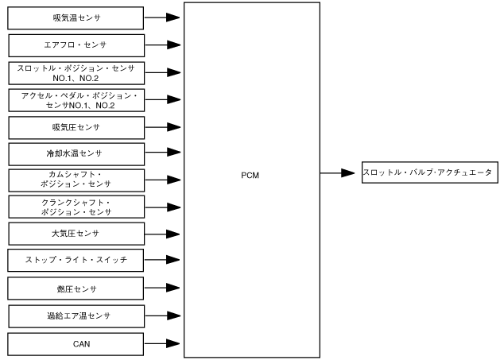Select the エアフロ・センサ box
coord(76,45)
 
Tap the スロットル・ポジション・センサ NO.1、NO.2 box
coord(76,72)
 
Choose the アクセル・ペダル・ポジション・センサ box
coord(76,99)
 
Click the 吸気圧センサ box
coord(76,126)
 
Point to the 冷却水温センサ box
coord(76,153)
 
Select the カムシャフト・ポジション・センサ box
coord(76,180)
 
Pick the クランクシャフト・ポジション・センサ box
coord(76,207)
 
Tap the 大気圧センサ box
coord(76,234)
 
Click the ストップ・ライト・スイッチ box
coord(76,260)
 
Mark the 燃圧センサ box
coord(76,288)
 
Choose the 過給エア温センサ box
coord(76,316)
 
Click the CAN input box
coord(76,344)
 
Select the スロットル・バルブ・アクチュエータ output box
coord(428,172)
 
